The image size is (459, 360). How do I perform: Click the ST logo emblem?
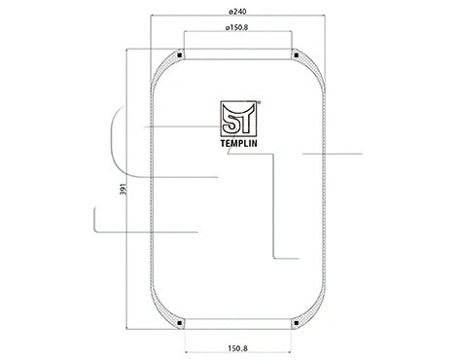point(237,120)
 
